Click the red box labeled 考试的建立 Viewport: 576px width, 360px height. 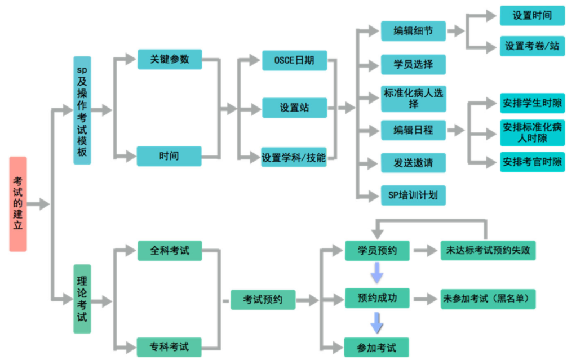pos(18,204)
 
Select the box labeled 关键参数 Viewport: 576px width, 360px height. pos(170,59)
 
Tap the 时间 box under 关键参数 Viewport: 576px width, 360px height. pos(169,156)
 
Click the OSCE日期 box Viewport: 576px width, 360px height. pos(295,60)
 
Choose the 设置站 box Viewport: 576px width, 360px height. pos(295,108)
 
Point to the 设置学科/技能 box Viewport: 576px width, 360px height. pos(294,157)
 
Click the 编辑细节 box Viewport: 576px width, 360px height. pos(413,31)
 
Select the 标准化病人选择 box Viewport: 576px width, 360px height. pos(414,99)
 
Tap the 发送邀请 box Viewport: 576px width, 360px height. pos(413,163)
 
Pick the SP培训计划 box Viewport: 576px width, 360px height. pos(413,195)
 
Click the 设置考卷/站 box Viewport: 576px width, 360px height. pos(532,46)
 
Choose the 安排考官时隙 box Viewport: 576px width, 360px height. pos(532,162)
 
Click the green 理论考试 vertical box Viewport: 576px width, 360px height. pos(82,299)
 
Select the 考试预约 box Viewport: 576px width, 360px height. pos(263,299)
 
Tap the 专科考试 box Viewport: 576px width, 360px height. pos(169,347)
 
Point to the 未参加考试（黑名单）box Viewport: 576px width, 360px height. pos(488,299)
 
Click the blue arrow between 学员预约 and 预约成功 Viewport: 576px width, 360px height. pos(377,273)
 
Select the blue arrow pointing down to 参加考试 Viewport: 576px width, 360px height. pos(377,323)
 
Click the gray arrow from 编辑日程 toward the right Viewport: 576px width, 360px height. pos(456,130)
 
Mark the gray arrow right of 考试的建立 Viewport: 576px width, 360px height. pos(38,204)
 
